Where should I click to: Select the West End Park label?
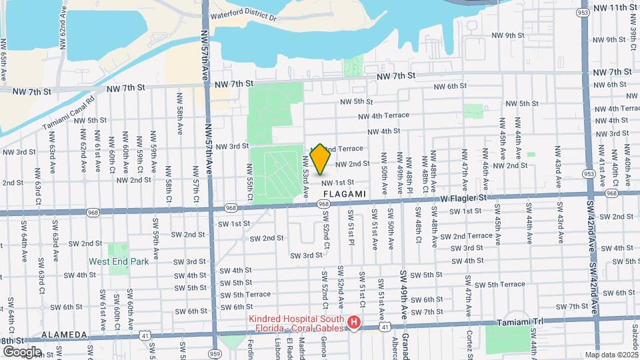pyautogui.click(x=119, y=262)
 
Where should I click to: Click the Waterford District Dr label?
pyautogui.click(x=243, y=15)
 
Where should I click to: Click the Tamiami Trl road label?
pyautogui.click(x=521, y=323)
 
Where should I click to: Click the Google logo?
pyautogui.click(x=21, y=352)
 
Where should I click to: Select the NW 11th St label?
pyautogui.click(x=611, y=7)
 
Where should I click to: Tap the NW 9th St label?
pyautogui.click(x=509, y=35)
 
